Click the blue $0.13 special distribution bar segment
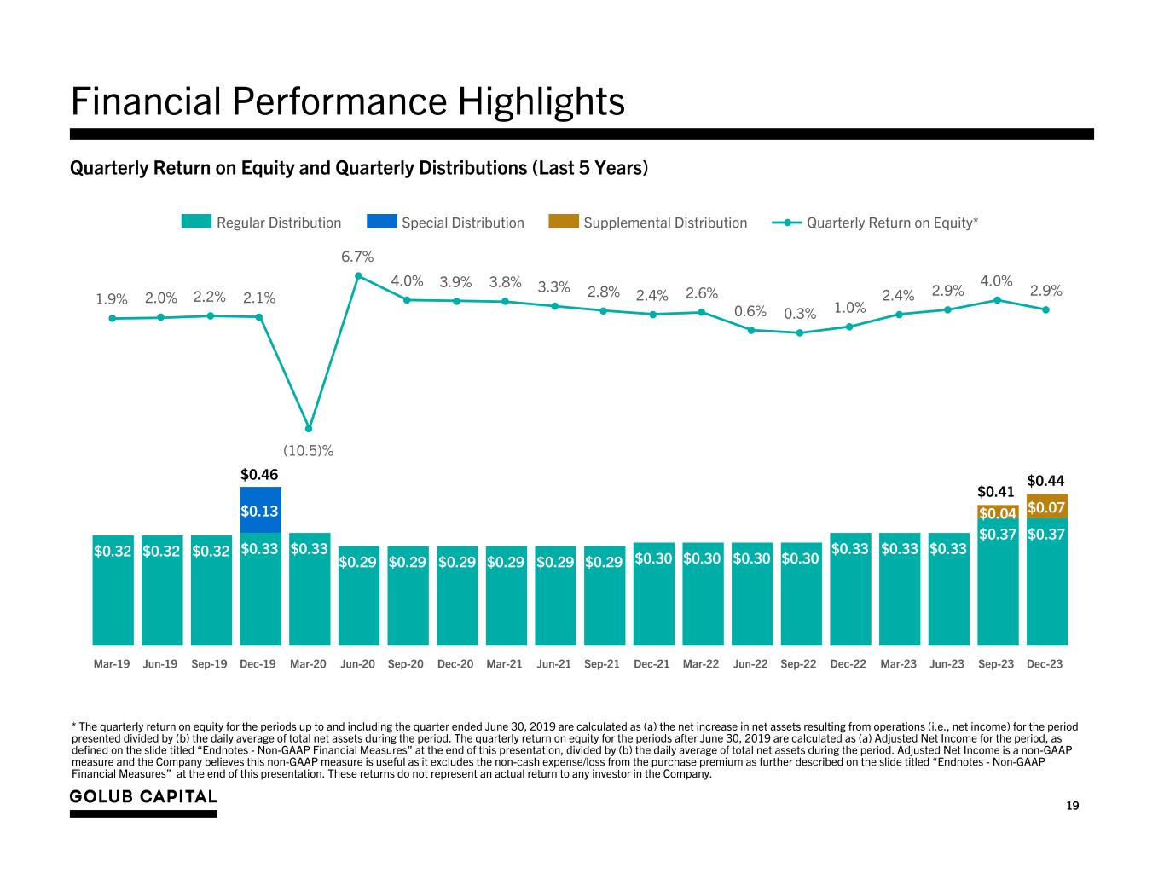coord(260,510)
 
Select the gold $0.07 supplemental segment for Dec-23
coord(1046,506)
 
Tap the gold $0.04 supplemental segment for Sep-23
coord(998,512)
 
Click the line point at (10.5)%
coord(309,428)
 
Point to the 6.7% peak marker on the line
coord(358,275)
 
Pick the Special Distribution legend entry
coord(445,223)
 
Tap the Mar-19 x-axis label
coord(112,663)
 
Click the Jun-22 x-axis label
coord(750,663)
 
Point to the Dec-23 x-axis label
coord(1045,663)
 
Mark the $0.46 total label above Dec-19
coord(259,473)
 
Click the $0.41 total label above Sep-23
coord(996,491)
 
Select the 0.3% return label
coord(800,314)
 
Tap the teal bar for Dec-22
coord(850,597)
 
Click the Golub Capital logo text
coord(143,796)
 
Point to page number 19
coord(1073,806)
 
